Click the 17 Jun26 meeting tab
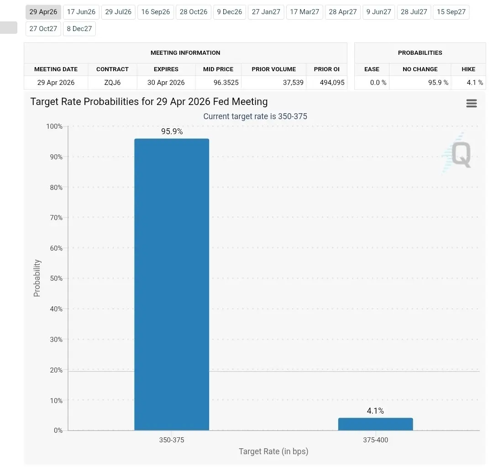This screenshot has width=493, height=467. pos(81,12)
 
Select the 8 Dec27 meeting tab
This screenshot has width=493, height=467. pos(79,29)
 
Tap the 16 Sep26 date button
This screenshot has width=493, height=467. pos(156,12)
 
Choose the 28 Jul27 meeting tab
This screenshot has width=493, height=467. pos(414,12)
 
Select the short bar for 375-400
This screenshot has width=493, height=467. pos(375,424)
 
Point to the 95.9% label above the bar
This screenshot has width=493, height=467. pos(172,131)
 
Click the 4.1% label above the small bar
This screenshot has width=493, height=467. pos(375,411)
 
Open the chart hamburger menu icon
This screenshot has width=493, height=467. pos(472,104)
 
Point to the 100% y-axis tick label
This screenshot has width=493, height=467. pos(54,126)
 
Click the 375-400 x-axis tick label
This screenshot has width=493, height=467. pos(375,440)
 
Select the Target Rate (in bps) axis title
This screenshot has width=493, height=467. pos(273,451)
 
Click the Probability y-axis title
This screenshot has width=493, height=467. pos(37,278)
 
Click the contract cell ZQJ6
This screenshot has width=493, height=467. pos(112,83)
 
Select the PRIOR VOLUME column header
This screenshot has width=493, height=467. pos(273,69)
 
